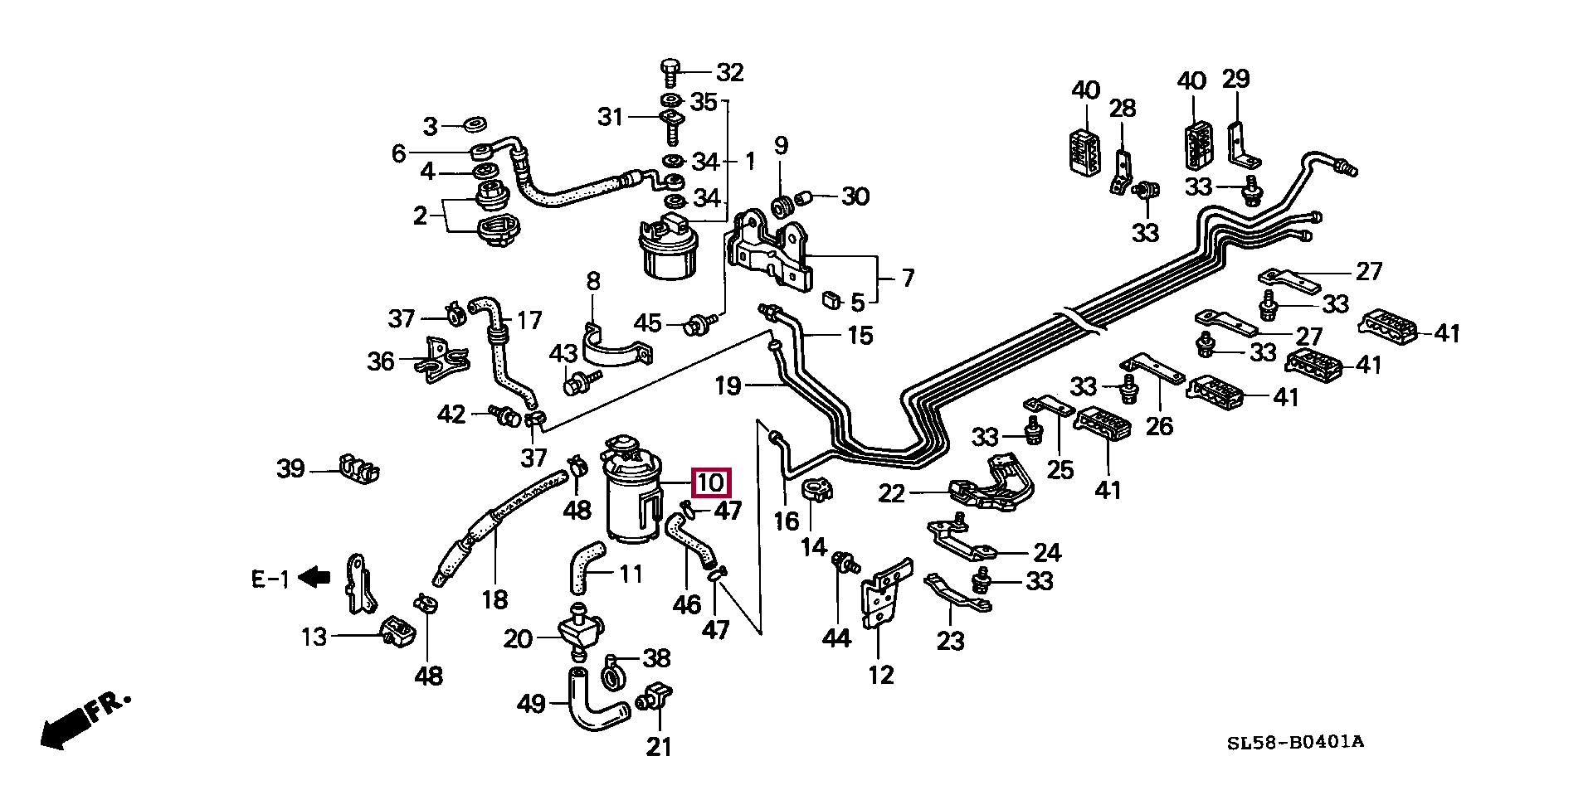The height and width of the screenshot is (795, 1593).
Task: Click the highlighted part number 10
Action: (x=712, y=482)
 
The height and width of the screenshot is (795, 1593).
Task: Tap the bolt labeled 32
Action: (x=670, y=73)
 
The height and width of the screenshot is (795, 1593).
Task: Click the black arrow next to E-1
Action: (x=314, y=578)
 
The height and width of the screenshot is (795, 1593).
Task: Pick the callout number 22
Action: (x=892, y=494)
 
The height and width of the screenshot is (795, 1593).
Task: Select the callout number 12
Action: (x=881, y=675)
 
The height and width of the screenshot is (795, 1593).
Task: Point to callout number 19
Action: (x=728, y=385)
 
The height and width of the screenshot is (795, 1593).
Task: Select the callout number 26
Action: (x=1159, y=426)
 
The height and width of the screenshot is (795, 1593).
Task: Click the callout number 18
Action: (x=494, y=599)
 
